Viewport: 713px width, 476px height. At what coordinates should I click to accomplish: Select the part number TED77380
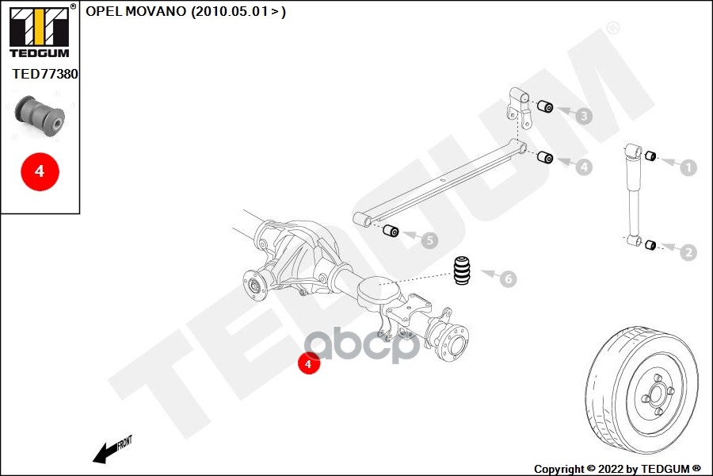(x=44, y=74)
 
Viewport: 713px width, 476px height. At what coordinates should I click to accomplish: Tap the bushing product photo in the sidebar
(x=42, y=116)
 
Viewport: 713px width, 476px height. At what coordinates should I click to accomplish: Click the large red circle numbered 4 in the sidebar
(x=40, y=170)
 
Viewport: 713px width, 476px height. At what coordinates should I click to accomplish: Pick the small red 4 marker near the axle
(x=307, y=363)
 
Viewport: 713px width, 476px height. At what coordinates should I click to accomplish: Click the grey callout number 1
(x=688, y=167)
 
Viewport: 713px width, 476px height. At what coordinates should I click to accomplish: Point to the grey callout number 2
(x=688, y=252)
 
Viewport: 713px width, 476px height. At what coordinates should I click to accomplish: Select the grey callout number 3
(x=583, y=117)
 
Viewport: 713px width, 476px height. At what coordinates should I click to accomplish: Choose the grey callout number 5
(x=428, y=240)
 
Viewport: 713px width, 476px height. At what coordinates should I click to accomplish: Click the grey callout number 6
(x=507, y=278)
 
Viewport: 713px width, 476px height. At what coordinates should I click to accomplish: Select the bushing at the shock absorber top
(x=650, y=155)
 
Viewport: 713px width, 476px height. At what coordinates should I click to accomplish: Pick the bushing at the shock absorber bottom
(x=650, y=244)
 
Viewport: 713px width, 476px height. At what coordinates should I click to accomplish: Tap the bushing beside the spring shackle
(x=544, y=107)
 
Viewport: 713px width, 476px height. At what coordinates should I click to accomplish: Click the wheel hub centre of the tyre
(x=658, y=392)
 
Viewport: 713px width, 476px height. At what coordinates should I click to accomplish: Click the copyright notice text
(x=617, y=468)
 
